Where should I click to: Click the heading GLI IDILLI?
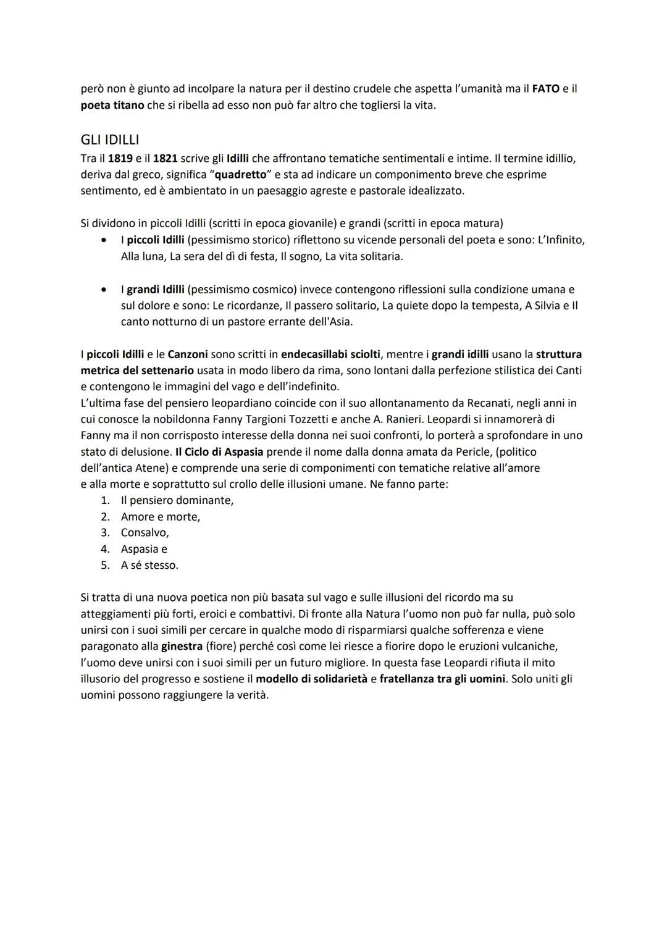pyautogui.click(x=110, y=140)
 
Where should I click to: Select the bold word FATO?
pyautogui.click(x=545, y=89)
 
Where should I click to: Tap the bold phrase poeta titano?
pyautogui.click(x=112, y=105)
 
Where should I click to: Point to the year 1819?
pyautogui.click(x=120, y=159)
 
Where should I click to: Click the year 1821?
pyautogui.click(x=165, y=159)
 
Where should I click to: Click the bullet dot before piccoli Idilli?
pyautogui.click(x=107, y=240)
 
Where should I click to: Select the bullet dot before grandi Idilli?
pyautogui.click(x=107, y=289)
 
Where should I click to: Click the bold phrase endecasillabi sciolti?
pyautogui.click(x=331, y=354)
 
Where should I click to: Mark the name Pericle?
pyautogui.click(x=472, y=452)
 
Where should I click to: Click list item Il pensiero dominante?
pyautogui.click(x=177, y=500)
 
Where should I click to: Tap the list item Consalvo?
pyautogui.click(x=145, y=532)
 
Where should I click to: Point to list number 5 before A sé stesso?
pyautogui.click(x=105, y=565)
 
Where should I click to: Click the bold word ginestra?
pyautogui.click(x=182, y=647)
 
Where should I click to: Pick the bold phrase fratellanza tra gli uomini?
pyautogui.click(x=442, y=679)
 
